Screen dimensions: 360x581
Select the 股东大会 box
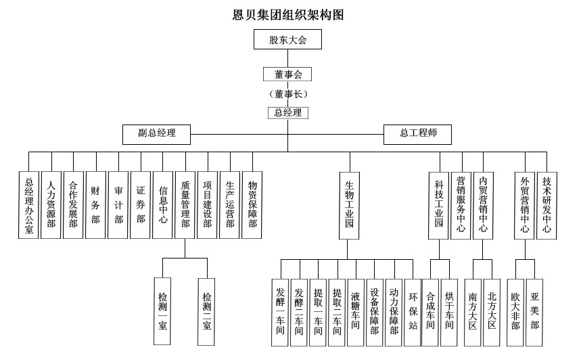coord(288,41)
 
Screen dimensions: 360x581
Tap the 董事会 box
coord(288,74)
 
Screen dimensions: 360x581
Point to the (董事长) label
coord(288,93)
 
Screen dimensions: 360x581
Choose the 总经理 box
coord(288,113)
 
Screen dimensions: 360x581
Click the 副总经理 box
coord(156,134)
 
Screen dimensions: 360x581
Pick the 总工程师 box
coord(417,134)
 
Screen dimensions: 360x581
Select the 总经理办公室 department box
coord(29,204)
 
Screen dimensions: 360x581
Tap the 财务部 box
coord(95,204)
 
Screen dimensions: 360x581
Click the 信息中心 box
coord(162,204)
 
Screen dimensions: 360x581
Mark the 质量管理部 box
coord(185,204)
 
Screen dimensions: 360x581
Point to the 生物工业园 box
coord(349,204)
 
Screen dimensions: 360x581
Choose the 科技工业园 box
coord(438,204)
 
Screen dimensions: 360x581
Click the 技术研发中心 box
coord(547,204)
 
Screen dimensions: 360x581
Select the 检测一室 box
coord(163,311)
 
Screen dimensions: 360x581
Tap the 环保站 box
coord(413,312)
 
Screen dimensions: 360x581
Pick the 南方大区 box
coord(473,312)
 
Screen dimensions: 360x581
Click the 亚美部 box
coord(534,312)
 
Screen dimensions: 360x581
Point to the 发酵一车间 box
coord(280,312)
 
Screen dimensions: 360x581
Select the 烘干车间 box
coord(448,312)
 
